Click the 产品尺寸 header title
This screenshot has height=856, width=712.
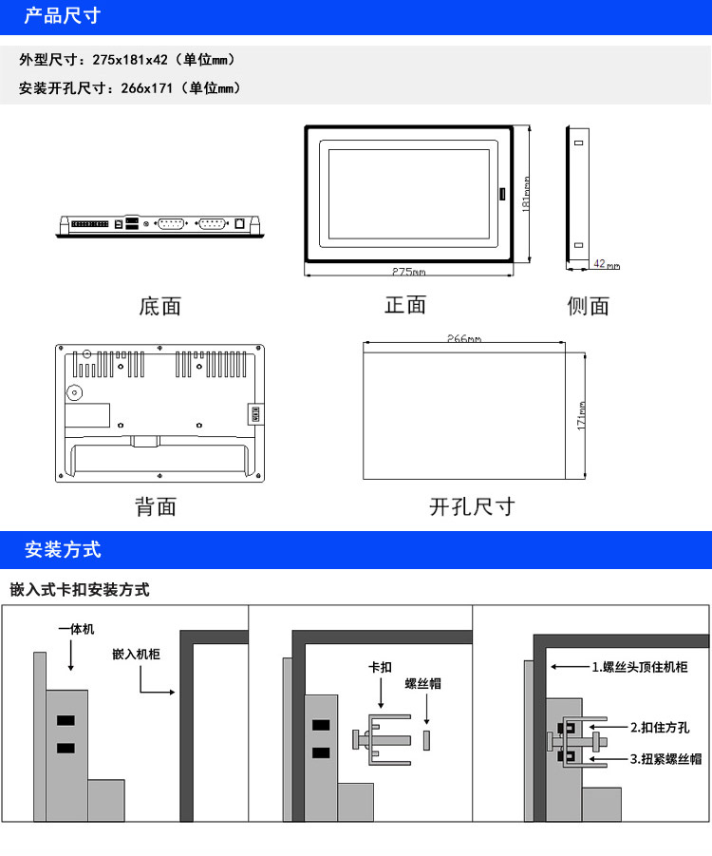pos(63,16)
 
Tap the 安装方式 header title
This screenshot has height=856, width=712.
pos(63,549)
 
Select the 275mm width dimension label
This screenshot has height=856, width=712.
pos(408,272)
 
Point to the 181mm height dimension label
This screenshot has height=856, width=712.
pos(525,194)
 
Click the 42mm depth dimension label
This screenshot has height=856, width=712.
pos(607,264)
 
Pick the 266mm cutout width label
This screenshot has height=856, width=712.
pos(464,338)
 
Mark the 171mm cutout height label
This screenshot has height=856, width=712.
pos(581,416)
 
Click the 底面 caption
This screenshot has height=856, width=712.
pos(159,306)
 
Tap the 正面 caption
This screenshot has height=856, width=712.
pos(405,305)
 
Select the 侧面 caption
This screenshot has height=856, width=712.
pos(589,306)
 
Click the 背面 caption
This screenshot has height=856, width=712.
pos(156,506)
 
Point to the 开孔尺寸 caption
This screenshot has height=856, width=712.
pos(472,506)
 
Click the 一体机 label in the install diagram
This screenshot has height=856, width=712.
pos(76,630)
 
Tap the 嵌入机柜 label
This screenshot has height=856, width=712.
pos(136,654)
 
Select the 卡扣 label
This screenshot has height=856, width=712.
pos(381,667)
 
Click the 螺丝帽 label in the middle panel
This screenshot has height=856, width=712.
pos(422,683)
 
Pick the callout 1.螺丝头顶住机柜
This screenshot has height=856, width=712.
pos(640,667)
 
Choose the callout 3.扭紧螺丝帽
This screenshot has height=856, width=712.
pos(666,759)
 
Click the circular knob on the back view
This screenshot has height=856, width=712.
pos(74,392)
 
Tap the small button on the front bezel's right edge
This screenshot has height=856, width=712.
pos(502,194)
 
